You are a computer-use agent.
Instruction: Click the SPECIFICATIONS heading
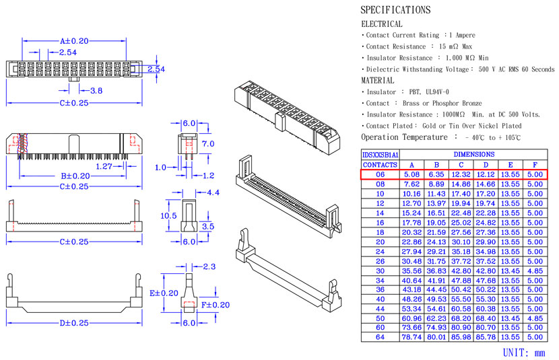(x=395, y=10)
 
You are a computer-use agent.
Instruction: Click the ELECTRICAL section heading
(x=382, y=24)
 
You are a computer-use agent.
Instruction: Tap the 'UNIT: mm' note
(x=524, y=352)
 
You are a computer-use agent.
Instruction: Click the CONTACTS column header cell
(x=381, y=165)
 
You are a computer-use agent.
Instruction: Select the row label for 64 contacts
(x=381, y=336)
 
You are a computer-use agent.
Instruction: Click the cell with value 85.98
(x=461, y=336)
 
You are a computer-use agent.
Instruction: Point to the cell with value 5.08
(x=412, y=174)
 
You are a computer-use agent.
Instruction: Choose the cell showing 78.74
(x=412, y=336)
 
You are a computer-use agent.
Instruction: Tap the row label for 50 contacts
(x=381, y=318)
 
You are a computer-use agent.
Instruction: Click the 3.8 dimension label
(x=96, y=90)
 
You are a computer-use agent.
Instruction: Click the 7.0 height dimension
(x=208, y=144)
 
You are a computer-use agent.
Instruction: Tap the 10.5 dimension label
(x=169, y=215)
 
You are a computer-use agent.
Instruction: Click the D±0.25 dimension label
(x=74, y=324)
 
